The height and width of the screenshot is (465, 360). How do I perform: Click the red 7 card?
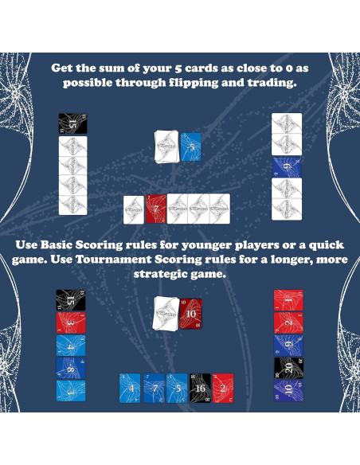click(x=156, y=209)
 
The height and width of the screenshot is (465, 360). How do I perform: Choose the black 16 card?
click(x=199, y=388)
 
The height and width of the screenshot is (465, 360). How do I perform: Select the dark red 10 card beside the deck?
click(x=190, y=313)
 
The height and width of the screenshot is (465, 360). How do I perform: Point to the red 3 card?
click(x=71, y=323)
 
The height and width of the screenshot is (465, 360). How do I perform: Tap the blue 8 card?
click(x=71, y=368)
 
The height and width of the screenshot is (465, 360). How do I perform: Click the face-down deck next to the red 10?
click(x=167, y=311)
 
